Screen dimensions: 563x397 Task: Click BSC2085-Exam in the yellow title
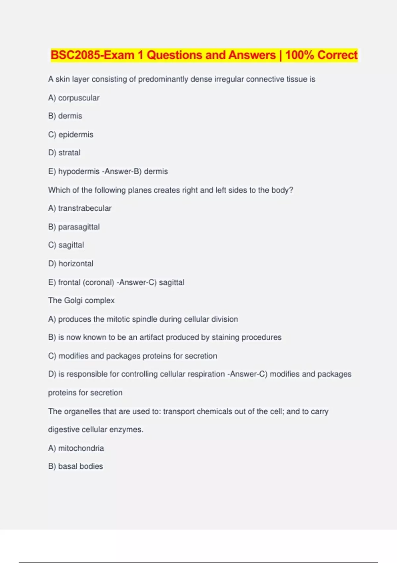pos(93,55)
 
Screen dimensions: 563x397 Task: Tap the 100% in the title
pos(299,55)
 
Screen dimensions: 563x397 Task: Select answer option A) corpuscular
pos(74,98)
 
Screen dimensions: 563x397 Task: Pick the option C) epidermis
pos(71,134)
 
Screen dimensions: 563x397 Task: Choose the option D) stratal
pos(65,153)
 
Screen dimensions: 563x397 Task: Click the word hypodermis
pos(79,171)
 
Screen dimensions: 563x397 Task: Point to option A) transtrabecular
pos(80,208)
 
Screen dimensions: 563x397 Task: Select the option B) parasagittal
pos(74,227)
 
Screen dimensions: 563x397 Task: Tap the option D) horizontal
pos(71,264)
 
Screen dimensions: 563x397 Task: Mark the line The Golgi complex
pos(81,300)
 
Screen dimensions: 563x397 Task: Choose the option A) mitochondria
pos(76,448)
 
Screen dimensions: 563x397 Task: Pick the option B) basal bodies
pos(75,466)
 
